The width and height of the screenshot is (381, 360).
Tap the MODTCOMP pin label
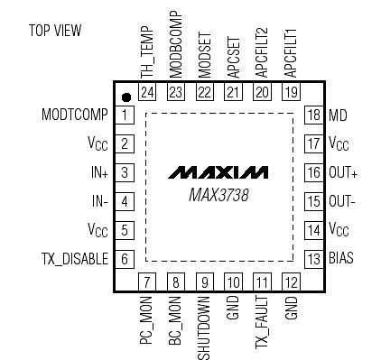[75, 115]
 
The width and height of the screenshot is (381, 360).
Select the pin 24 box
[148, 92]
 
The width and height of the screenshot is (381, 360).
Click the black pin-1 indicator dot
[127, 97]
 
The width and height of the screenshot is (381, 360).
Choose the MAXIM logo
[218, 172]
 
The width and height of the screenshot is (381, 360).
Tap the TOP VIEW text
[54, 31]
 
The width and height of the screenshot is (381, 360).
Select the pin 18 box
[313, 115]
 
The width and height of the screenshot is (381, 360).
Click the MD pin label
[338, 115]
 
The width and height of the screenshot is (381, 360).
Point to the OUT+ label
[343, 172]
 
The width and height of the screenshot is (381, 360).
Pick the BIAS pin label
[341, 258]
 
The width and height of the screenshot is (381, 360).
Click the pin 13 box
[313, 258]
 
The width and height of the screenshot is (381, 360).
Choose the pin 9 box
[206, 282]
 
